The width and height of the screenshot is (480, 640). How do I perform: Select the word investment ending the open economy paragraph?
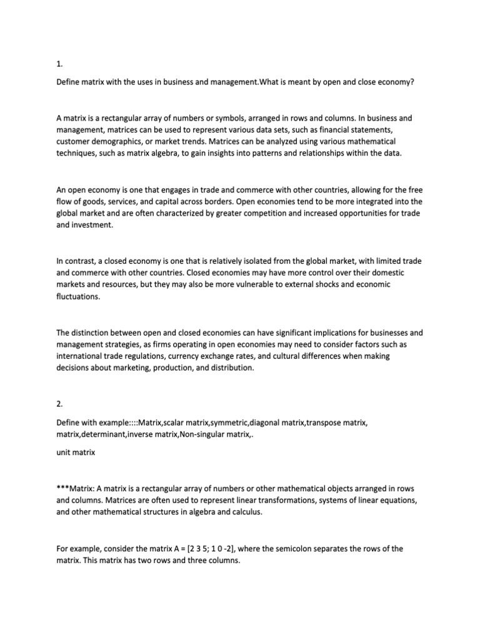pyautogui.click(x=94, y=225)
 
